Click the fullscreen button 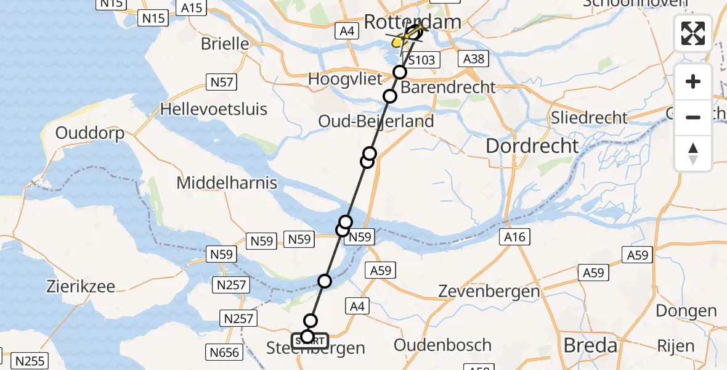[x=693, y=33]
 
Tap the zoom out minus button [x=693, y=117]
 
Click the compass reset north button [x=693, y=154]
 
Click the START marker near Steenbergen [x=310, y=341]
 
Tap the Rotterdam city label [x=412, y=22]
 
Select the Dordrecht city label [x=532, y=146]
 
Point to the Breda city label [x=591, y=345]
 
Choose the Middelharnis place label [x=227, y=183]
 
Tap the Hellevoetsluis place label [x=214, y=110]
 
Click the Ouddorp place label [x=90, y=133]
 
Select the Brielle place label [x=225, y=44]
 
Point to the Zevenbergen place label [x=489, y=292]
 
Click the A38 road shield [x=473, y=59]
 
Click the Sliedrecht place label [x=590, y=118]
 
